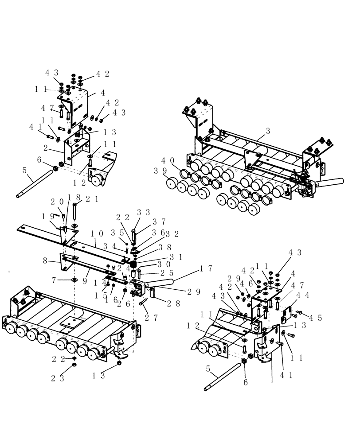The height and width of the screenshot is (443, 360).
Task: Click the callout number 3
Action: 268,132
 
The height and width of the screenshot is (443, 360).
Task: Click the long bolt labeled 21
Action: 74,211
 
